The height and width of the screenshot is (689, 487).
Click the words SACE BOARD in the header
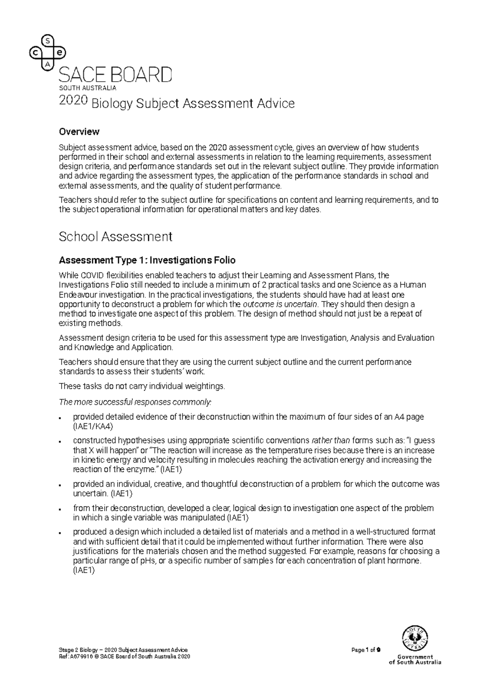pyautogui.click(x=116, y=75)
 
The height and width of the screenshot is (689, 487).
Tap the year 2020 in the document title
pyautogui.click(x=73, y=101)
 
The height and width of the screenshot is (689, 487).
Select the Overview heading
pyautogui.click(x=79, y=132)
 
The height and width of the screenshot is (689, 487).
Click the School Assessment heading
pyautogui.click(x=116, y=237)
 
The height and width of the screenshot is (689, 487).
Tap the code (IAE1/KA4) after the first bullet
pyautogui.click(x=93, y=426)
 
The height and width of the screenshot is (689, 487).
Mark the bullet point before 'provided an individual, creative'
pyautogui.click(x=60, y=485)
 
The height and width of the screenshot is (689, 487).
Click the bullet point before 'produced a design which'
pyautogui.click(x=60, y=532)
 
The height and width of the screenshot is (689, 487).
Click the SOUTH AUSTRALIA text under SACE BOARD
pyautogui.click(x=88, y=88)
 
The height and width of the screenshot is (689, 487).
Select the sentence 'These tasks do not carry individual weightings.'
pyautogui.click(x=142, y=386)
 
